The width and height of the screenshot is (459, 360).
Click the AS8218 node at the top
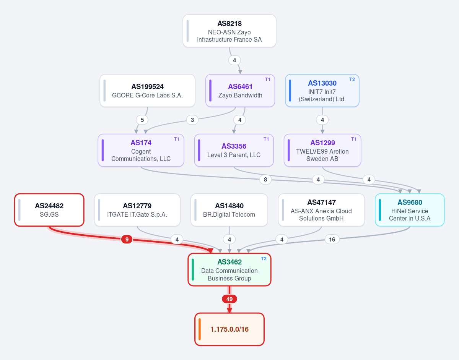[229, 31]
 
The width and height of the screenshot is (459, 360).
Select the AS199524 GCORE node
[147, 91]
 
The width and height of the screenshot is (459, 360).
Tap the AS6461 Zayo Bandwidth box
[240, 91]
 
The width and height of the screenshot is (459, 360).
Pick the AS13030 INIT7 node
[322, 91]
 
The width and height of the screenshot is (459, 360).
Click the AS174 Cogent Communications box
[141, 150]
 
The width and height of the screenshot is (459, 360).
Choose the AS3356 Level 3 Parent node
[234, 150]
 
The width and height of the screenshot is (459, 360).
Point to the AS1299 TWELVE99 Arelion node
[322, 150]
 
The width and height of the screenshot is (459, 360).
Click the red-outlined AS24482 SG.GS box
[49, 210]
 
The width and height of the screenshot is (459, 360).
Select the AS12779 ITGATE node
[137, 210]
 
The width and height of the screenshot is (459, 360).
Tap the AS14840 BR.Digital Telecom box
[229, 210]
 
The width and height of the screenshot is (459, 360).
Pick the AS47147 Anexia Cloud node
[321, 210]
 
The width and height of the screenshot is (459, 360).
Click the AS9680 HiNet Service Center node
[410, 210]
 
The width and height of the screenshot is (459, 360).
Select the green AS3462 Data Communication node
[229, 270]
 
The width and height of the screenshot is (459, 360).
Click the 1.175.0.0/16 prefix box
[229, 329]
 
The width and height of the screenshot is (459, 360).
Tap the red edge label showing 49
[229, 299]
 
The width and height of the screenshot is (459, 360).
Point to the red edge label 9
[127, 239]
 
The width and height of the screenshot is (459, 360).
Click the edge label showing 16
[332, 239]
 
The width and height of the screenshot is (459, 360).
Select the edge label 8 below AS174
[265, 180]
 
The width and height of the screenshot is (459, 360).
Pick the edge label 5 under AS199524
[142, 120]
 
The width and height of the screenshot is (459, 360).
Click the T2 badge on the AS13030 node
[352, 79]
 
